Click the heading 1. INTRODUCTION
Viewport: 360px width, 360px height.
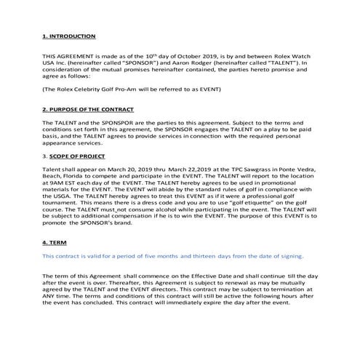click(69, 36)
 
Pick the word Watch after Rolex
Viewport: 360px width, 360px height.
click(309, 55)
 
